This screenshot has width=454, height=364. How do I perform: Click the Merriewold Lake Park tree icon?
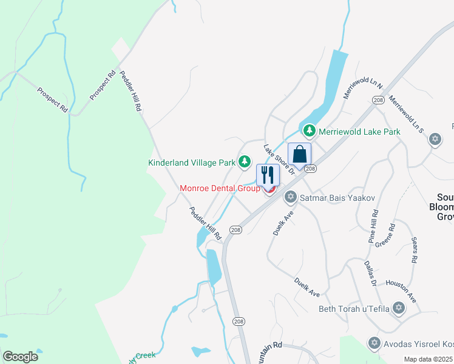[x=309, y=131]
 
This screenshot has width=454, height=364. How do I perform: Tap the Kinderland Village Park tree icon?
[x=244, y=162]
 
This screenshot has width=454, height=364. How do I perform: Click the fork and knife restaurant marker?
[x=268, y=175]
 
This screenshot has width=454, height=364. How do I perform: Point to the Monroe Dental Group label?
[x=220, y=188]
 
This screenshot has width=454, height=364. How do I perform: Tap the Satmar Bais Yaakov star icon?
[x=291, y=197]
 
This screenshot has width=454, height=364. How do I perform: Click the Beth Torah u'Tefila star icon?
[x=399, y=309]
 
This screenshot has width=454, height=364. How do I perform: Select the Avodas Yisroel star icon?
[x=374, y=343]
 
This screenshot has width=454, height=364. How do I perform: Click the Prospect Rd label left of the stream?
[x=53, y=100]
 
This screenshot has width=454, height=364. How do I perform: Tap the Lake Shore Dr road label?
[x=279, y=159]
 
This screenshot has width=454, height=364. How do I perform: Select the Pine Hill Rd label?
[x=373, y=227]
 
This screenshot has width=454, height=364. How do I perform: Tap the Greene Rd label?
[x=385, y=236]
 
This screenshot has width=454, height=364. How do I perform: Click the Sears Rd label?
[x=414, y=250]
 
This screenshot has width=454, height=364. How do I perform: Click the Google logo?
[x=20, y=357]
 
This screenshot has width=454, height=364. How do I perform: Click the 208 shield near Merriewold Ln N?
[x=379, y=100]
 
